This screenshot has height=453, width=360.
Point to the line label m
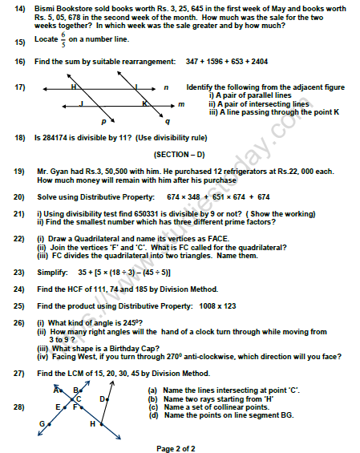180,103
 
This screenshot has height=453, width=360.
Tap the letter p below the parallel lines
104,123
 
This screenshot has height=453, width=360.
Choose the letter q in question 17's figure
167,123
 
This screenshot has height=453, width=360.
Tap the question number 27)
18,373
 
